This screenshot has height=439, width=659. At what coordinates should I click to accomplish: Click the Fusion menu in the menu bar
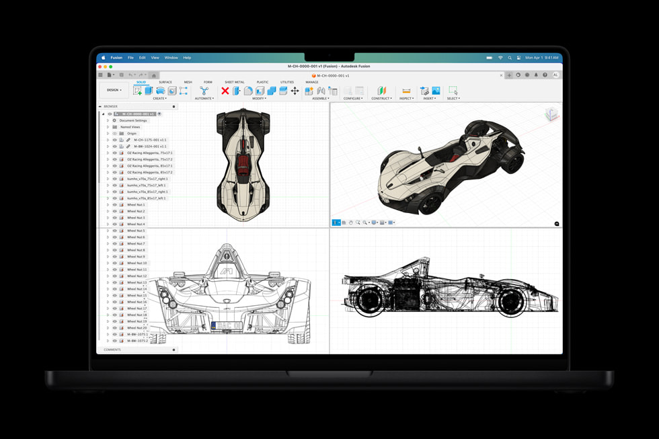(x=116, y=58)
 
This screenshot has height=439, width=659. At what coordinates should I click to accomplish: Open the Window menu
(x=171, y=58)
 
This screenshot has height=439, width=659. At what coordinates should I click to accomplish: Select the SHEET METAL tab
(x=235, y=82)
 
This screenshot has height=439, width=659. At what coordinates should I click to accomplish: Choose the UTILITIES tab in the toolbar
(x=287, y=82)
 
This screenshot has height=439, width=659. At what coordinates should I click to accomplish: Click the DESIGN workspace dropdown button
(x=114, y=90)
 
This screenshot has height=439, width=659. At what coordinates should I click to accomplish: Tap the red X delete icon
(x=225, y=91)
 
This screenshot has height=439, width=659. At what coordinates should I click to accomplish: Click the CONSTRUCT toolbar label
(x=381, y=99)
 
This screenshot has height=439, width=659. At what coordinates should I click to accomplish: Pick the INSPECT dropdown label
(x=406, y=99)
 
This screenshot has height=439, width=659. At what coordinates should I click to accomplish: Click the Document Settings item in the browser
(x=133, y=120)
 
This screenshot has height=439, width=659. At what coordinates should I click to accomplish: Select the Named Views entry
(x=130, y=127)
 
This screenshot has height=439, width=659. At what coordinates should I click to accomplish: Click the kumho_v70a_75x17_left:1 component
(x=146, y=186)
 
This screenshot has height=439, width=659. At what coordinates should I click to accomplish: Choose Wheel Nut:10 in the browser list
(x=137, y=263)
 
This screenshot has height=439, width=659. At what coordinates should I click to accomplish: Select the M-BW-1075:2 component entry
(x=138, y=341)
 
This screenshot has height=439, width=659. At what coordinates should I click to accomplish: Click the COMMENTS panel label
(x=112, y=350)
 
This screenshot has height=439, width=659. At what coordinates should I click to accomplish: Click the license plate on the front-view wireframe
(x=227, y=326)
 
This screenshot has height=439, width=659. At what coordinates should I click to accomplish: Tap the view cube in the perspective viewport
(x=551, y=114)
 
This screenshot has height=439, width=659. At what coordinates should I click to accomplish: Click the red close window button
(x=100, y=67)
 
